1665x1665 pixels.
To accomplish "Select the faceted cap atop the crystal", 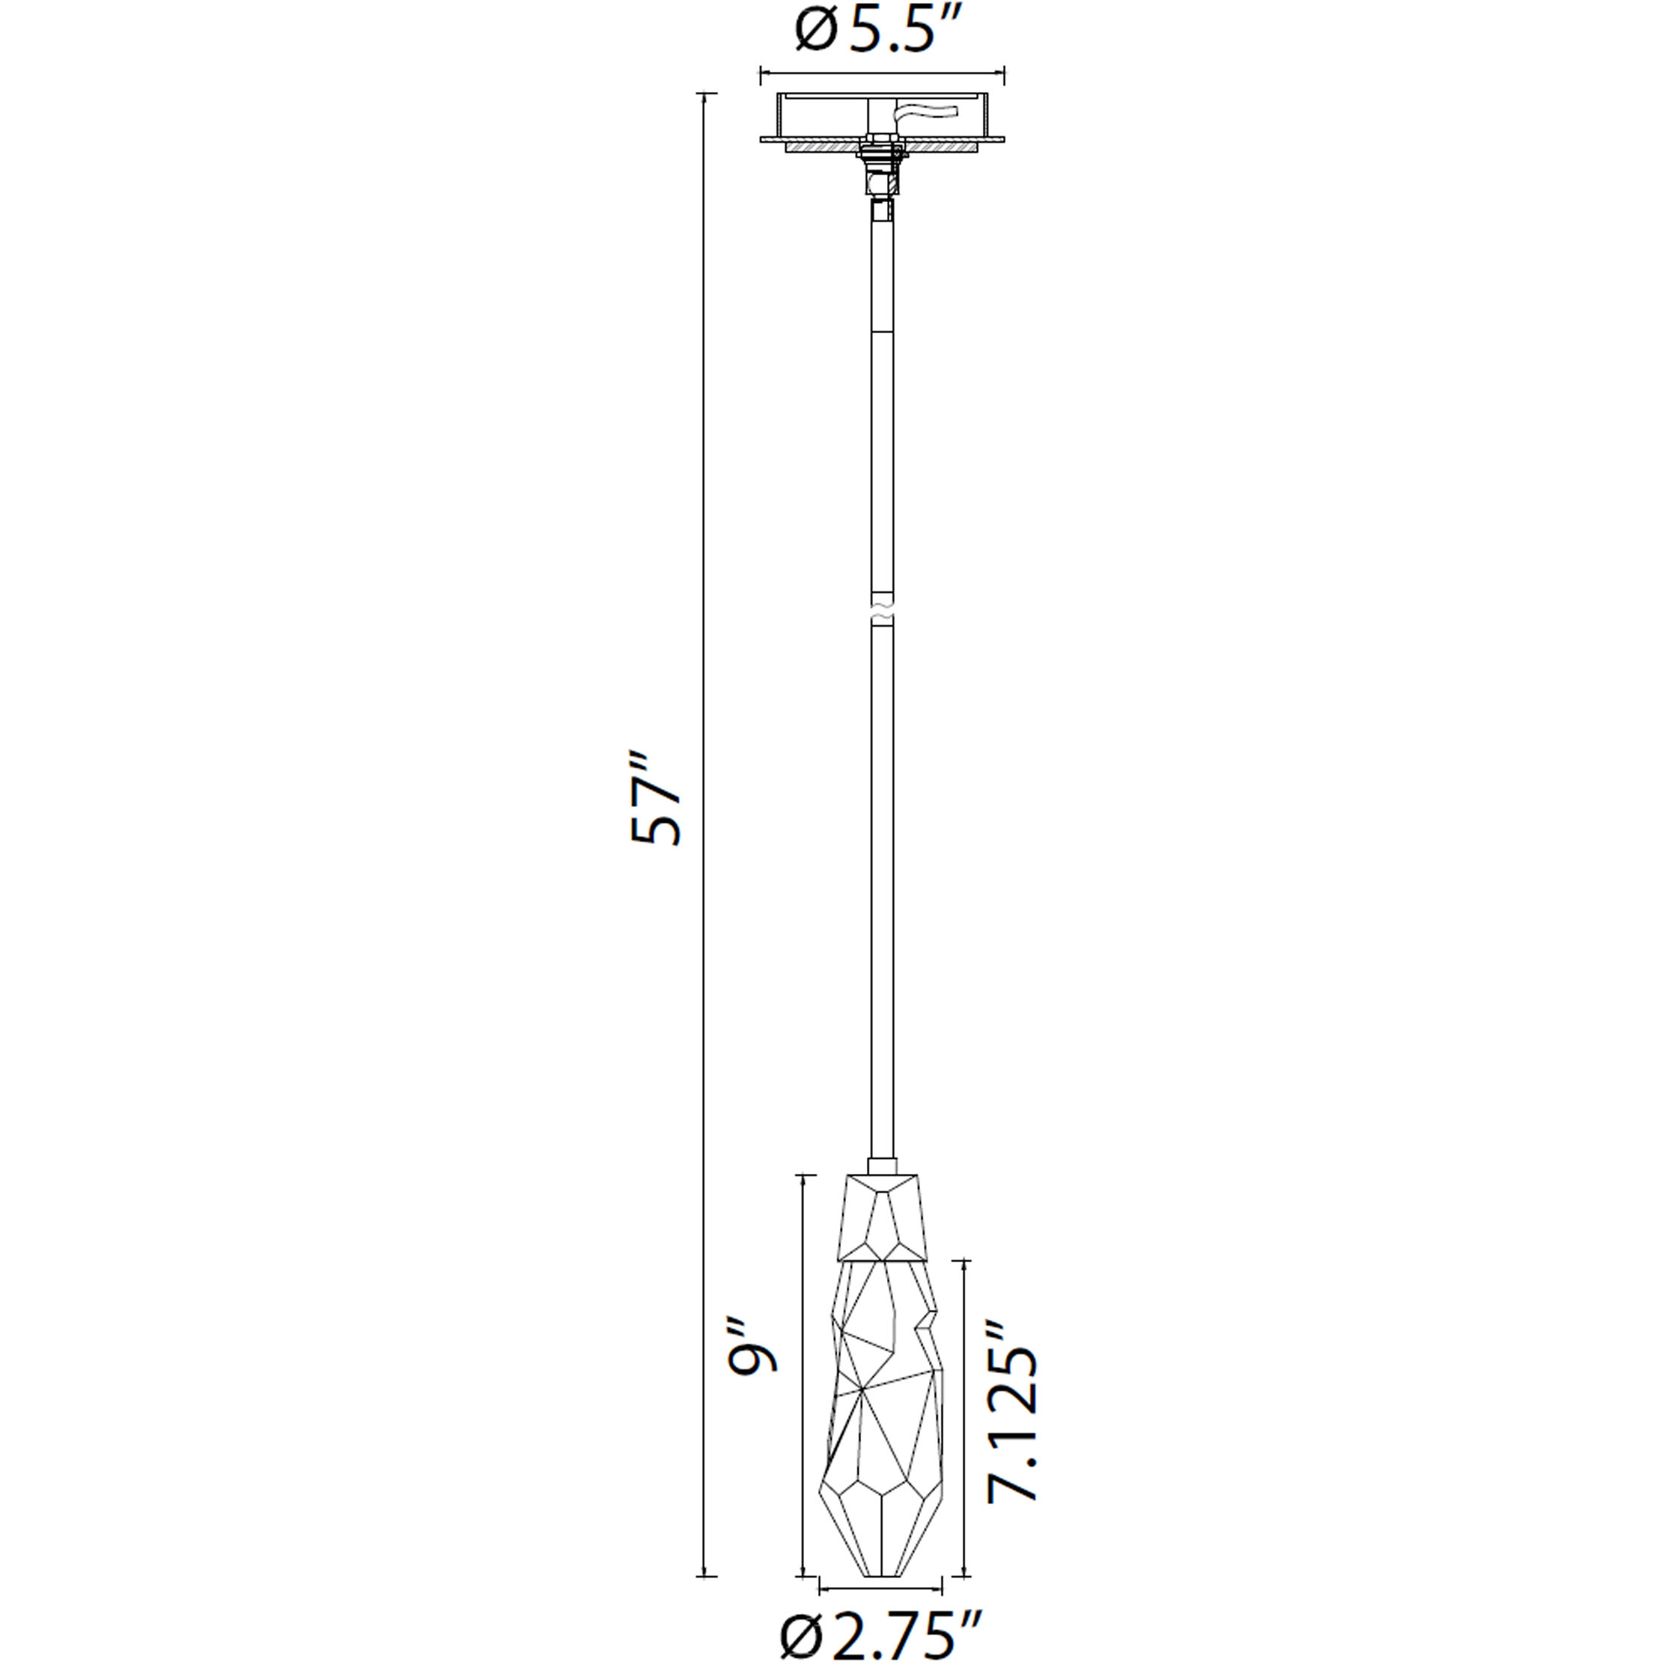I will point(882,1218).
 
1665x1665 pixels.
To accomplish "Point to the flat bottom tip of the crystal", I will point(882,1574).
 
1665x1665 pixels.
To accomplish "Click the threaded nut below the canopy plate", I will point(880,160).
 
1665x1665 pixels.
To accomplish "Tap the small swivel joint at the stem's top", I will point(880,210).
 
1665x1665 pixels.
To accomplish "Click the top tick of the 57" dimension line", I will point(706,93).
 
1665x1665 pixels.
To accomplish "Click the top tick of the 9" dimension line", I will point(804,1175).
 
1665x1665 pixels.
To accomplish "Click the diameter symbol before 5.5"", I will point(815,33).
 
